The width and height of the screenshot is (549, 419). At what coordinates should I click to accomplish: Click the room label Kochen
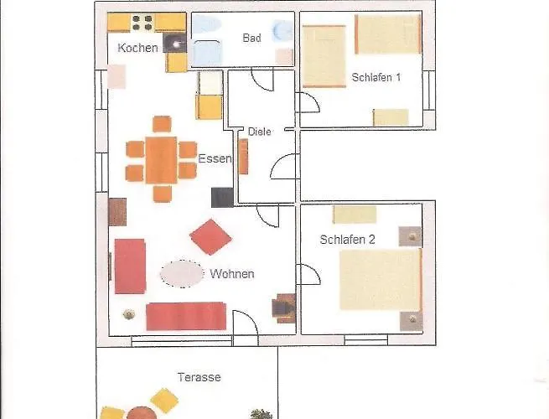point(137,48)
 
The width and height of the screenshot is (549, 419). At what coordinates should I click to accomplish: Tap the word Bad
point(251,38)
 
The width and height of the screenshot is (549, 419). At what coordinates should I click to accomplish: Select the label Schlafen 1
point(376,77)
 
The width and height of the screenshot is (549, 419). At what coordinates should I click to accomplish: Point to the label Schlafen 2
point(347,240)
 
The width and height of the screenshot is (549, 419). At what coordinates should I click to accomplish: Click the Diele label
point(260,132)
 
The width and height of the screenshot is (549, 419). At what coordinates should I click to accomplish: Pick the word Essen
point(215,158)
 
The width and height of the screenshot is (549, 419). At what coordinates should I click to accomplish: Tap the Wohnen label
point(232,274)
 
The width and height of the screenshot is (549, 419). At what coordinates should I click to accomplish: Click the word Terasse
point(199,377)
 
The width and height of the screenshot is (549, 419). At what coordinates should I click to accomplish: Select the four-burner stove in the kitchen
point(142,23)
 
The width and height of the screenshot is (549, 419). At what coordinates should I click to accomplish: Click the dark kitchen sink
point(174,43)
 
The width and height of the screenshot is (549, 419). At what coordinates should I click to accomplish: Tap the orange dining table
point(161,160)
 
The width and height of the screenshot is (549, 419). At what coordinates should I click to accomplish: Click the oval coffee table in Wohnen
point(182,274)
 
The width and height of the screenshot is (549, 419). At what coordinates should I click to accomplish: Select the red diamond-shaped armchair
point(210,237)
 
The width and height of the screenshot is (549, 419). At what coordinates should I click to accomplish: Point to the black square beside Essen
point(222,198)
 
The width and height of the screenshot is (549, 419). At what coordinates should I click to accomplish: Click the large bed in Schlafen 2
point(381,280)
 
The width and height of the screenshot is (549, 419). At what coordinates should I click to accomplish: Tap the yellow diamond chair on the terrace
point(164,401)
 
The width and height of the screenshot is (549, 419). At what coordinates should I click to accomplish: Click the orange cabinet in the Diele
point(243,157)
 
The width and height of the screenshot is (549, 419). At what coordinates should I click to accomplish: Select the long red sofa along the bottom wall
point(186,317)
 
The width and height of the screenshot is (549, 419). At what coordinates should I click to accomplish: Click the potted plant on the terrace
point(262,414)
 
